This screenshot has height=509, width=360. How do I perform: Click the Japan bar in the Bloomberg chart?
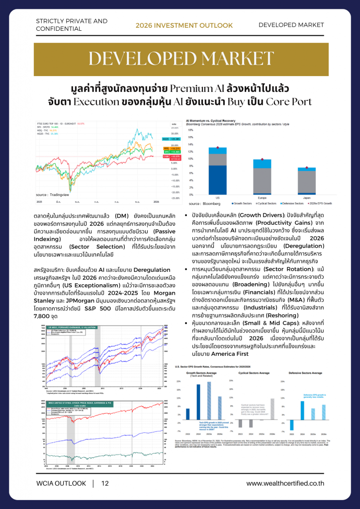[306, 181]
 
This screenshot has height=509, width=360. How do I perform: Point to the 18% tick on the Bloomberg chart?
[190, 131]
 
